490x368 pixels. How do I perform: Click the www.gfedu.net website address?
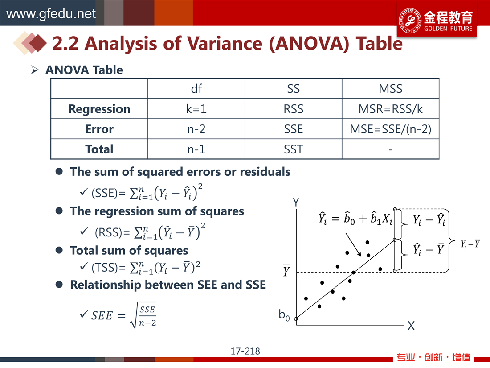pos(51,14)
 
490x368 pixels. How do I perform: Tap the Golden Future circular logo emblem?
pos(410,21)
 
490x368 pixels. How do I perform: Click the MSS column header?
pos(390,89)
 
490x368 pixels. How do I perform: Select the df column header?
pos(196,89)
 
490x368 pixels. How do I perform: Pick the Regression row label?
pos(99,109)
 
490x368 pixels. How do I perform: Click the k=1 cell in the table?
pos(196,108)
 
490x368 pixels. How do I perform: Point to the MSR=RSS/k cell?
pos(390,109)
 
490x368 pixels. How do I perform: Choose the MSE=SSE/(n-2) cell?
pos(390,129)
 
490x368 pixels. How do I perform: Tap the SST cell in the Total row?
pos(294,149)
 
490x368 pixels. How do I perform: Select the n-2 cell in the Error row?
pos(196,129)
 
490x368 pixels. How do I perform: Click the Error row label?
pos(99,129)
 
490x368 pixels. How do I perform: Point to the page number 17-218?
pos(245,351)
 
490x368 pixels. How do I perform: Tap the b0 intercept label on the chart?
pos(284,315)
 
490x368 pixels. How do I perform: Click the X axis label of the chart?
pos(411,326)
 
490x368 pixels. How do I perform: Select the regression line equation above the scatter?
pos(355,218)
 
